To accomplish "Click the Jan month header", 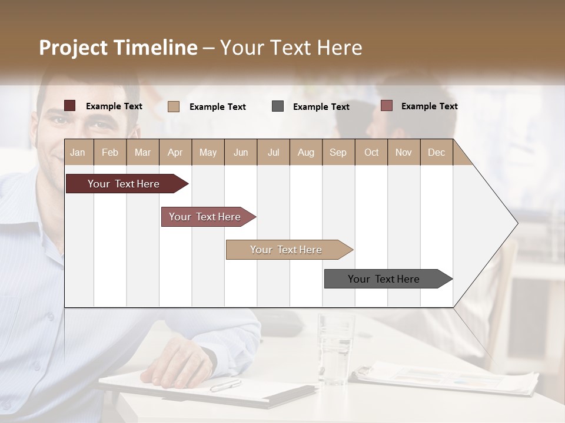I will pyautogui.click(x=78, y=152).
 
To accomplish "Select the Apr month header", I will pyautogui.click(x=175, y=152).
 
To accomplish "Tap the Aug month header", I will pyautogui.click(x=305, y=152).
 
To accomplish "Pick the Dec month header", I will pyautogui.click(x=436, y=152).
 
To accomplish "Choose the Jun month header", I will pyautogui.click(x=240, y=152).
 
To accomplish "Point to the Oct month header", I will pyautogui.click(x=371, y=152).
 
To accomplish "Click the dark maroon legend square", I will pyautogui.click(x=70, y=106).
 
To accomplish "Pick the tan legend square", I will pyautogui.click(x=174, y=106).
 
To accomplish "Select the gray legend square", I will pyautogui.click(x=278, y=106).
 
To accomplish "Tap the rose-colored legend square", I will pyautogui.click(x=386, y=106).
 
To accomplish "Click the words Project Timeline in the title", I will pyautogui.click(x=118, y=48).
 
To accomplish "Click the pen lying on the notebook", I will pyautogui.click(x=225, y=385).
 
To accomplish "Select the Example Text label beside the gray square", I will pyautogui.click(x=321, y=107).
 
